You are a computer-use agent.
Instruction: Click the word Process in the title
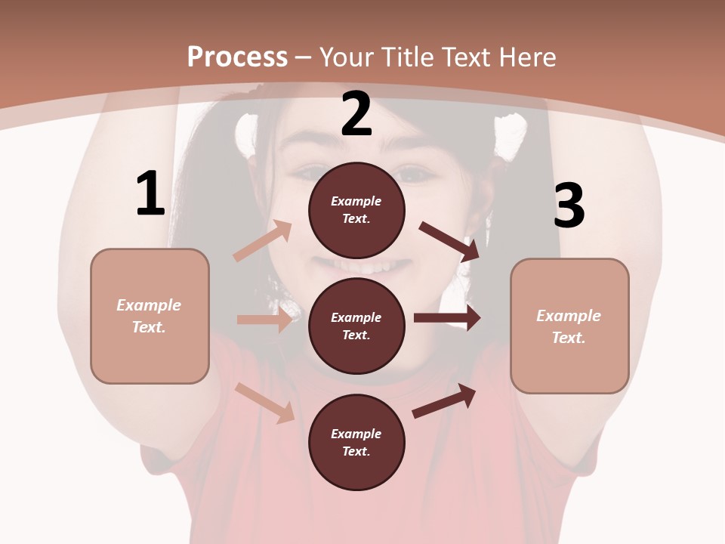click(x=237, y=57)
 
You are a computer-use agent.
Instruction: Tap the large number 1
click(x=150, y=193)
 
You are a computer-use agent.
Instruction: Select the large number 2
click(x=356, y=114)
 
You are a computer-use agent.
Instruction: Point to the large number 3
click(x=569, y=206)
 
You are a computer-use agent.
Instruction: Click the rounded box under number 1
click(x=150, y=316)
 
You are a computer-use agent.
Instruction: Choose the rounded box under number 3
click(x=569, y=326)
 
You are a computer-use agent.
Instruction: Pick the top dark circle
click(x=356, y=210)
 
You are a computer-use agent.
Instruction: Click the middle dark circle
click(x=356, y=326)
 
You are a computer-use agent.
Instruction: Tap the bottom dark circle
click(x=356, y=442)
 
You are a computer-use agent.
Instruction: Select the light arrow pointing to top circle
click(x=263, y=241)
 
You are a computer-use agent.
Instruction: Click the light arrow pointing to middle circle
click(x=264, y=319)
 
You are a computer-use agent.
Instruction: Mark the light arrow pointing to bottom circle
click(x=265, y=403)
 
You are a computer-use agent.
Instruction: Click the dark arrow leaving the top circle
click(x=449, y=241)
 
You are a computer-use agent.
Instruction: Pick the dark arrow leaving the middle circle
click(x=447, y=318)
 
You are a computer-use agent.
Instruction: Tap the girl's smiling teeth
click(x=360, y=267)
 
